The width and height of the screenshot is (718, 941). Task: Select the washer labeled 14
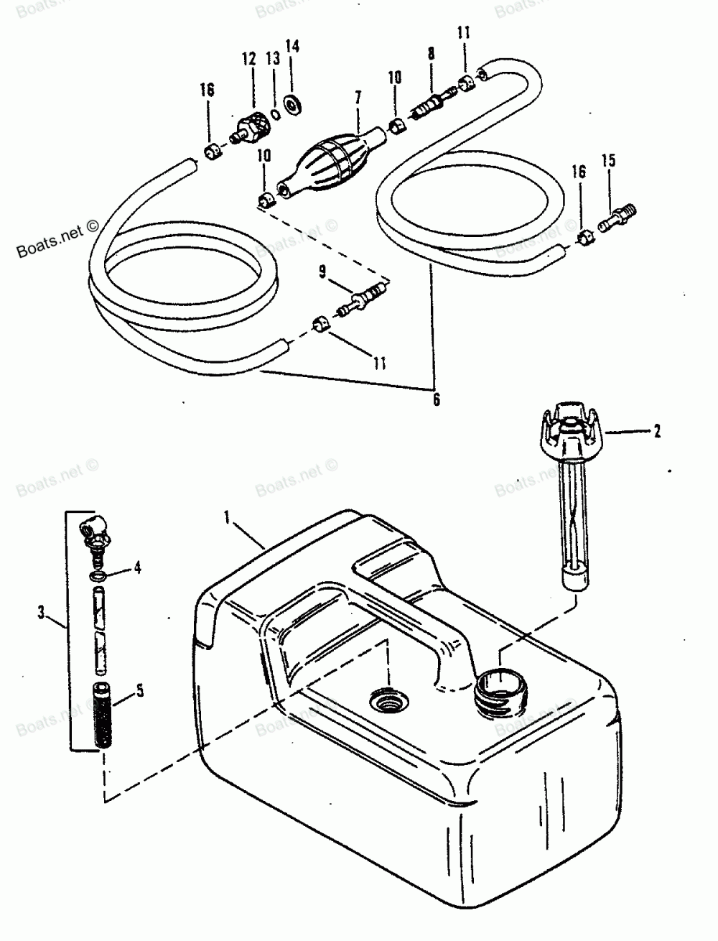[293, 105]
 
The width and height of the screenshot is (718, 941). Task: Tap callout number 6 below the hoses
[436, 399]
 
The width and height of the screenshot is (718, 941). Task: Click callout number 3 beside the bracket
[41, 612]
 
